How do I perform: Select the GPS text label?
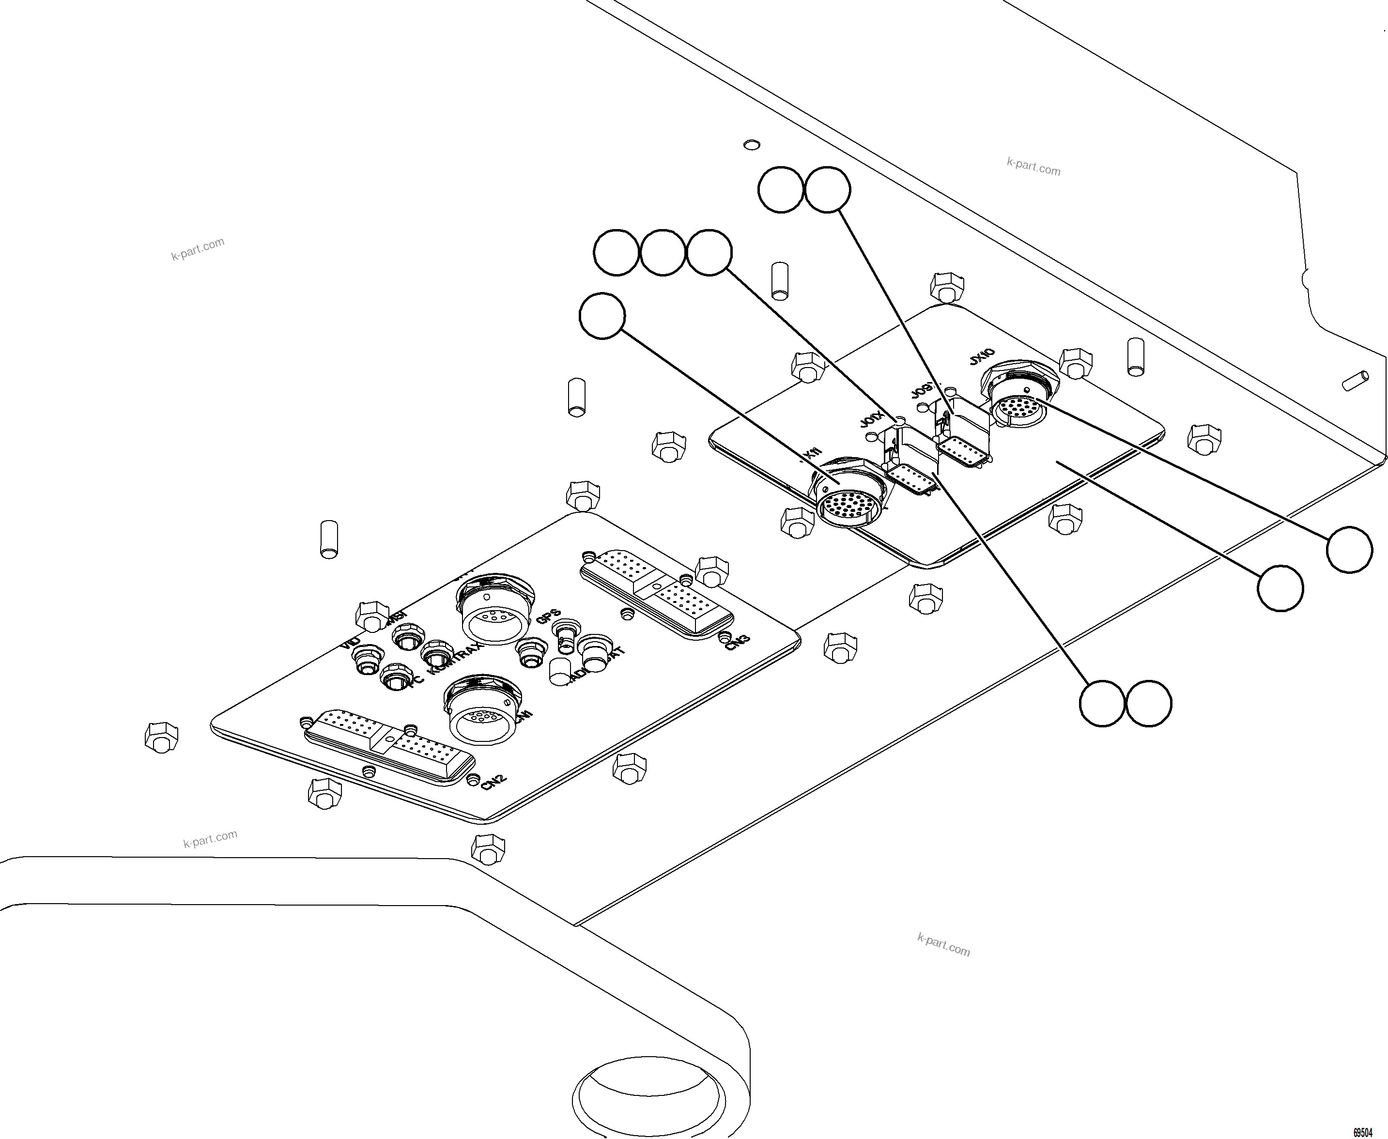(x=548, y=617)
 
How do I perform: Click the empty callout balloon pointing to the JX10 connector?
(x=1349, y=549)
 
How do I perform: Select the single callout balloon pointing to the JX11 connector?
(x=602, y=316)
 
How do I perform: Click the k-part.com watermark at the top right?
(x=1033, y=166)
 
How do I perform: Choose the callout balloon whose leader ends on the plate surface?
(x=1280, y=588)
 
